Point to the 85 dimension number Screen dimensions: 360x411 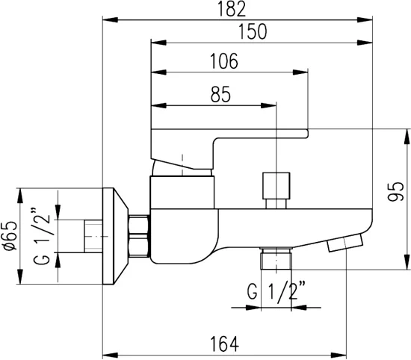pos(220,94)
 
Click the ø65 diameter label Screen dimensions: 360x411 pos(10,236)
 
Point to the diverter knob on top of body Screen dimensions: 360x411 pos(276,185)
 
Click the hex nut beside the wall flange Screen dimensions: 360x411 pos(139,236)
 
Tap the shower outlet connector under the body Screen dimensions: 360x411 pos(276,260)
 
